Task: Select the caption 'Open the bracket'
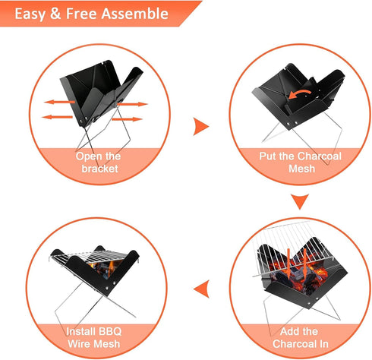click(x=97, y=162)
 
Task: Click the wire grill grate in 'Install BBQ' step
click(x=91, y=257)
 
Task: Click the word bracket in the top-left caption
click(x=97, y=169)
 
